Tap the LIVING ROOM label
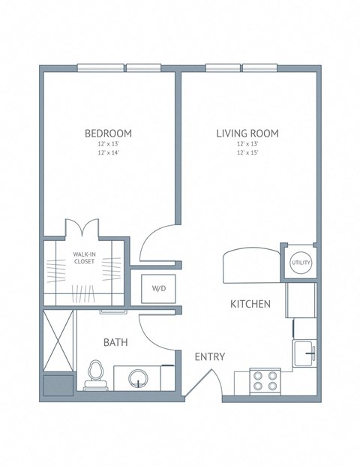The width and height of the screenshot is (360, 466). (247, 134)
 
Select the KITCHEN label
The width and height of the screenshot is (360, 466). (250, 304)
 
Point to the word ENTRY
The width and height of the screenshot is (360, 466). (210, 357)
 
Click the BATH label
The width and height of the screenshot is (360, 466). (115, 342)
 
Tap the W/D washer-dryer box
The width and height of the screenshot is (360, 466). (158, 288)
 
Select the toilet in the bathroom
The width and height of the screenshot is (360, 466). (94, 374)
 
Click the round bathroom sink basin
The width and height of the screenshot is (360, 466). (139, 377)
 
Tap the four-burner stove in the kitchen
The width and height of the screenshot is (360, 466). (265, 380)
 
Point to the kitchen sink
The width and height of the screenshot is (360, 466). (304, 350)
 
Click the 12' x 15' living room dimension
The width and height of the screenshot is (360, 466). (247, 152)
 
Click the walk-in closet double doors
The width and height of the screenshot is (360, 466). (81, 227)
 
